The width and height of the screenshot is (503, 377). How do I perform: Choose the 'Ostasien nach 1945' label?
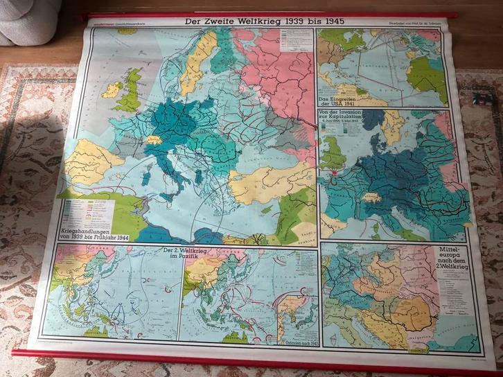(x=297, y=342)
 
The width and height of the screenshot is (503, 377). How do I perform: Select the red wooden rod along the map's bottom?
(x=256, y=362)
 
